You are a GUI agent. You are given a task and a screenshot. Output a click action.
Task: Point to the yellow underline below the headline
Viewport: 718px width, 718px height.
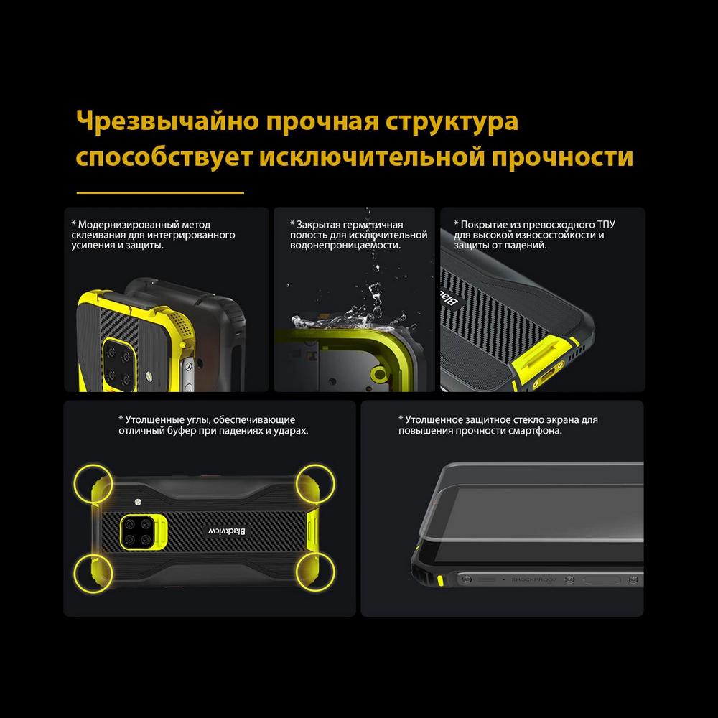tap(160, 192)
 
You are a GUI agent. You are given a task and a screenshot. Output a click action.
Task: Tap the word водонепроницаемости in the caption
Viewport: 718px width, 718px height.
tap(345, 246)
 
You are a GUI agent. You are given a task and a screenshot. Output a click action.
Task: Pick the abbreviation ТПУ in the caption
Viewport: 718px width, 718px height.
tap(606, 224)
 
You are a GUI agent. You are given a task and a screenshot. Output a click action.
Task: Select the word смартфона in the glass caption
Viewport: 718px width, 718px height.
tap(535, 431)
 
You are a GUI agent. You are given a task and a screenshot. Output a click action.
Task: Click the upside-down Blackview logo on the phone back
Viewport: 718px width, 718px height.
tap(227, 531)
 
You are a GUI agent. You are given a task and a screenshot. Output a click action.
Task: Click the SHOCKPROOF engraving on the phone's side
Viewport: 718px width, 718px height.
tap(533, 579)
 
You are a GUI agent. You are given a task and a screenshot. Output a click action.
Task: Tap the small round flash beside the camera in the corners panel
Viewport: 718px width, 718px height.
tap(138, 501)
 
